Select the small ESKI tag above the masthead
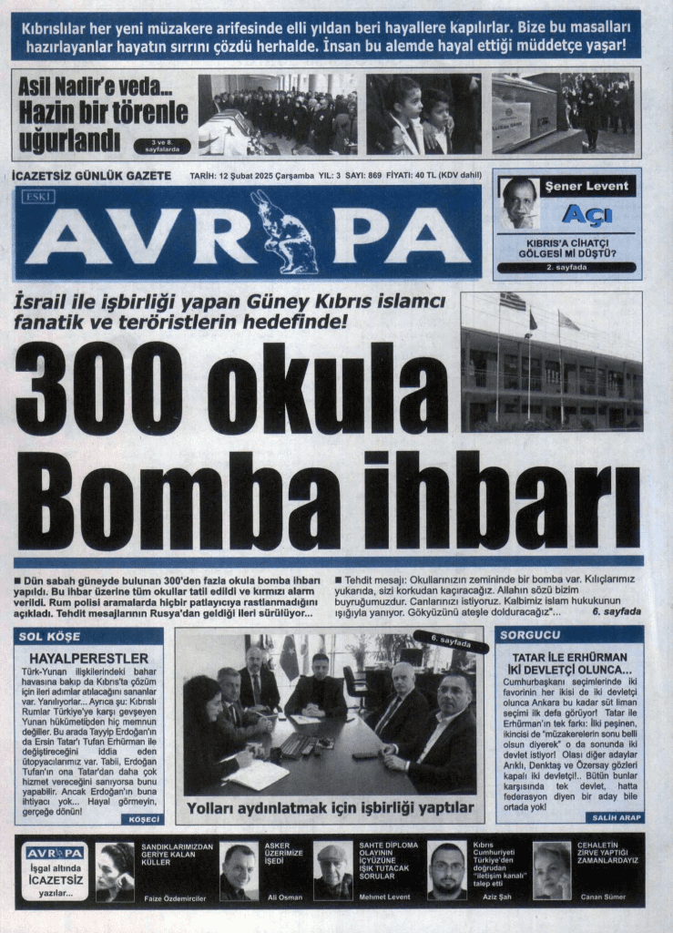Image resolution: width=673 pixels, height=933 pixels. (x=39, y=196)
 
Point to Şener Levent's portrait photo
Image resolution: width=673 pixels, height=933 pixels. (x=519, y=202)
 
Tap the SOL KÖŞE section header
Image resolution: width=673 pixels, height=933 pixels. (x=45, y=634)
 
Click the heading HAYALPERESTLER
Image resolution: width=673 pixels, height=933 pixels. (x=89, y=658)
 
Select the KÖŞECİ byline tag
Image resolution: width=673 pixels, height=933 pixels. (x=140, y=819)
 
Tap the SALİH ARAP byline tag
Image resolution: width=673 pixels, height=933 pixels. (x=615, y=817)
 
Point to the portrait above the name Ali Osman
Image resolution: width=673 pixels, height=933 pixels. (x=239, y=870)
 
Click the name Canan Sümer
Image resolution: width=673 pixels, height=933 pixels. (x=604, y=897)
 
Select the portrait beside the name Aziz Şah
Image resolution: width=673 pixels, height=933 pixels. (x=446, y=870)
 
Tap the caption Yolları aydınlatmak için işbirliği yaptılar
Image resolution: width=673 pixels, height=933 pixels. (x=330, y=808)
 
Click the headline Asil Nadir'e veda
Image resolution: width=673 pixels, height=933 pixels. (x=102, y=90)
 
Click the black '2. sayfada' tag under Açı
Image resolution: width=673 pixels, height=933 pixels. (x=567, y=268)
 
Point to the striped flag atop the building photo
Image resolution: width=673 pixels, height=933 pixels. (x=513, y=302)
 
